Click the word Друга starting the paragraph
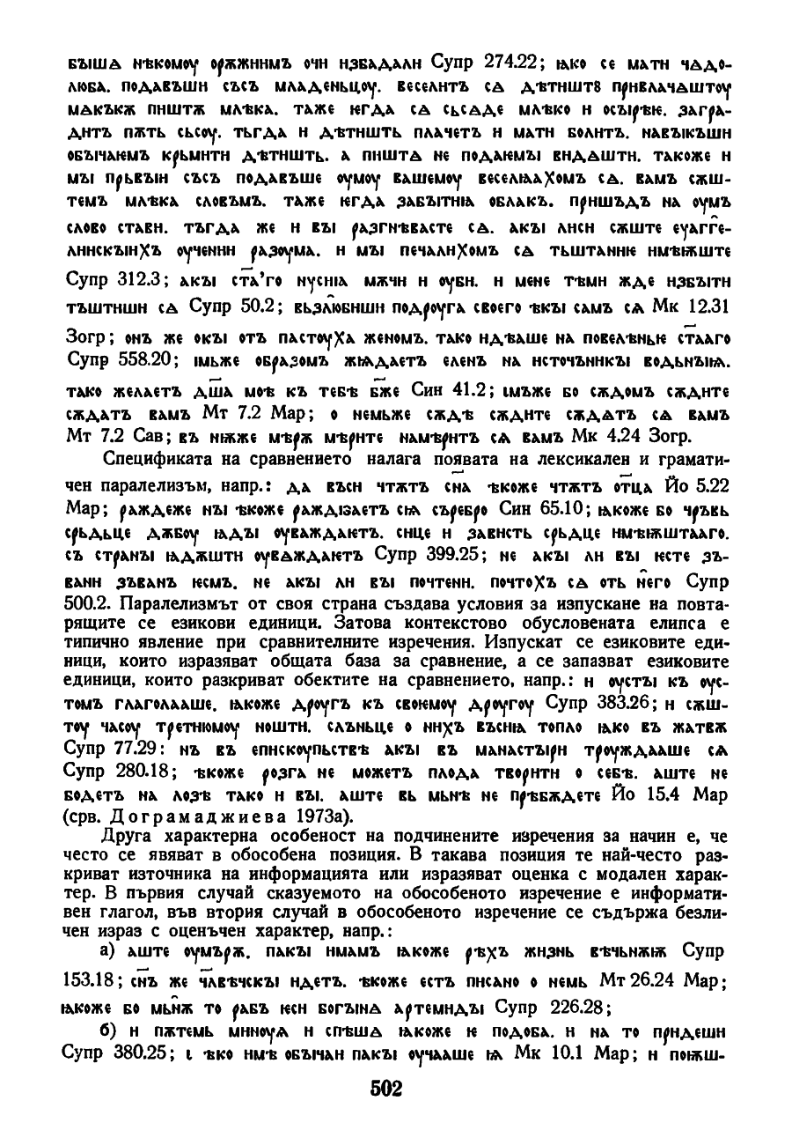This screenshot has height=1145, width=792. click(x=125, y=835)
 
